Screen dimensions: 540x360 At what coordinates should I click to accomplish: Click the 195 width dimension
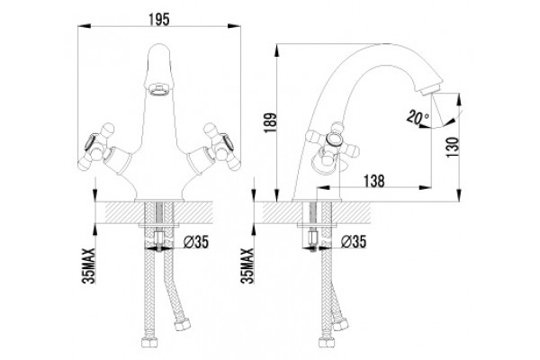coord(159,19)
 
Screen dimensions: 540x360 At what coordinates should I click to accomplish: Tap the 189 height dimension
coord(271,123)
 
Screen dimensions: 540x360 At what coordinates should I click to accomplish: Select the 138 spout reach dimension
coord(374,181)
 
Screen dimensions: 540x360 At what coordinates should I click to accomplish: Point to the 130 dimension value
coord(453,147)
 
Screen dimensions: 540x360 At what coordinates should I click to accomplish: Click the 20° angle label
coord(418,117)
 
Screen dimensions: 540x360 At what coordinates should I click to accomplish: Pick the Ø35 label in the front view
coord(196,242)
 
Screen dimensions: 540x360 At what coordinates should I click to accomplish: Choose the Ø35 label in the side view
coord(354,242)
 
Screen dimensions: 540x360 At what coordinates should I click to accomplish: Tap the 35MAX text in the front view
coord(88,265)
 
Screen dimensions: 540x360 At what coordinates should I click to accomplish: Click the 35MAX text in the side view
coord(247,265)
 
